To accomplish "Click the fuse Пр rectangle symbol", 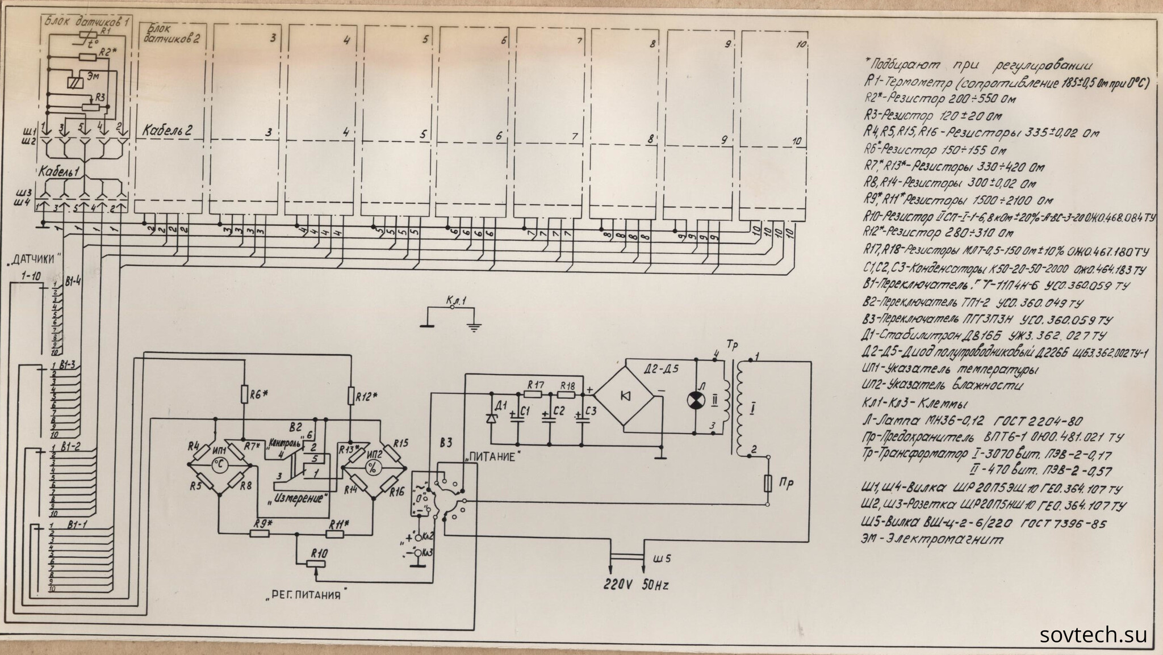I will pyautogui.click(x=767, y=484).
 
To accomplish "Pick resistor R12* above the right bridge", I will pyautogui.click(x=351, y=396).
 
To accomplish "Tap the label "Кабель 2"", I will pyautogui.click(x=168, y=130).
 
